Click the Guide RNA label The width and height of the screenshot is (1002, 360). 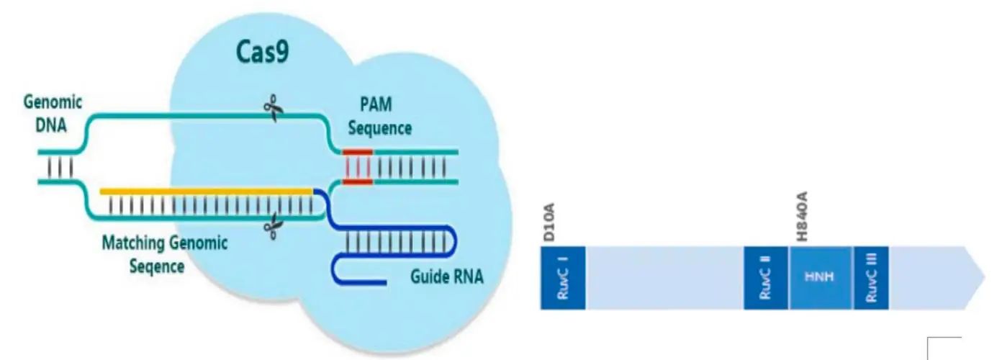pyautogui.click(x=447, y=276)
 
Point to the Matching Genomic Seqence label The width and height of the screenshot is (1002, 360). pyautogui.click(x=164, y=254)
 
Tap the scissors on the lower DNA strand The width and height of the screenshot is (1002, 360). pyautogui.click(x=272, y=228)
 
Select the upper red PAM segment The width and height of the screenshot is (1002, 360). pyautogui.click(x=358, y=152)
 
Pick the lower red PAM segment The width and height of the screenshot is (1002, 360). pyautogui.click(x=358, y=181)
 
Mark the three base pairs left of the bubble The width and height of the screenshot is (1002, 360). pyautogui.click(x=60, y=167)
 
